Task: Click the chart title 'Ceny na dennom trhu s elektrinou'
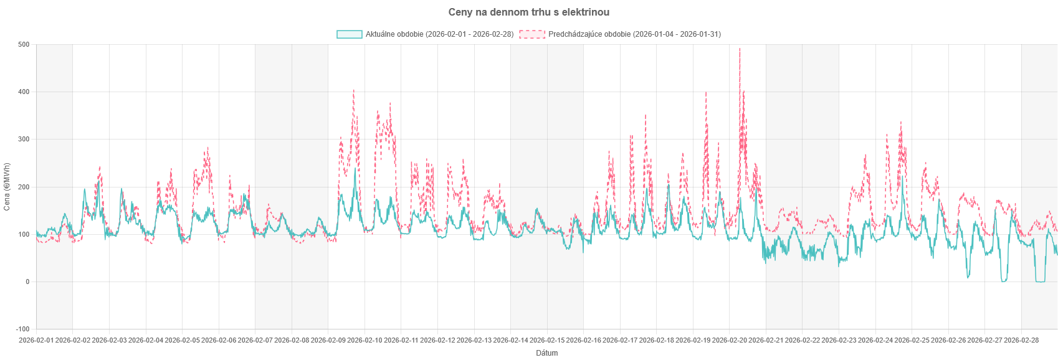pos(529,12)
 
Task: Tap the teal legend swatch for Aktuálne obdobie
pos(349,34)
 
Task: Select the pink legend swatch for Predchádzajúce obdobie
pos(532,34)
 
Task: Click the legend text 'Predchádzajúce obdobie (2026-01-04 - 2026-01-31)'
pos(634,34)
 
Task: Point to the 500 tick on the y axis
pos(24,45)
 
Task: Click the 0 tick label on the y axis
pos(27,282)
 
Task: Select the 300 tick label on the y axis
pos(24,140)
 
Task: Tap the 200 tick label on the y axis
pos(24,187)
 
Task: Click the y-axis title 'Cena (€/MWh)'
pos(7,187)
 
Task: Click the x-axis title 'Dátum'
pos(547,353)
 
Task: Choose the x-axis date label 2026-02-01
pos(36,340)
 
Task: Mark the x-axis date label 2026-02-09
pos(328,340)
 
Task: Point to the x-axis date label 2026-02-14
pos(511,340)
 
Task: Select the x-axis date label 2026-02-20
pos(730,340)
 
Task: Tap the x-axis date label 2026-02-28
pos(1022,340)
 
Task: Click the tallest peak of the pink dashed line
pos(740,49)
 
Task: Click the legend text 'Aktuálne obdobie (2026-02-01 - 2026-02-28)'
pos(440,34)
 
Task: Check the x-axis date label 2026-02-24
pos(875,340)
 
